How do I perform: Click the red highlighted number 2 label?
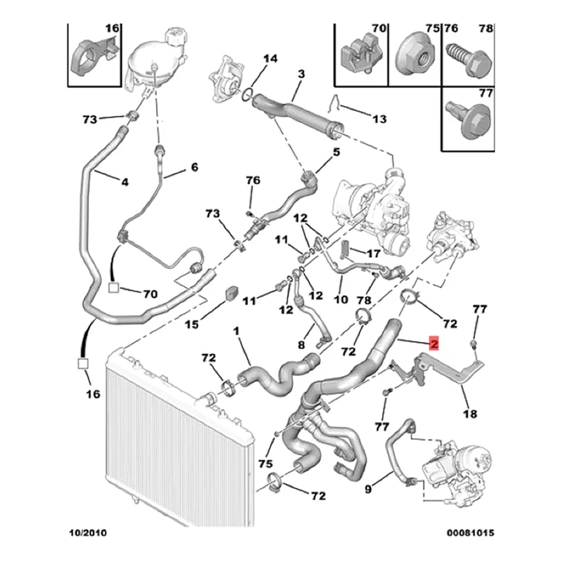[434, 344]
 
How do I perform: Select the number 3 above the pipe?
[300, 74]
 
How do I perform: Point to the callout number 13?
[379, 119]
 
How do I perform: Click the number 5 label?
[336, 152]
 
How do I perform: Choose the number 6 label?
[195, 167]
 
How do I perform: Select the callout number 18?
[469, 414]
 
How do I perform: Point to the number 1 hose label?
[237, 330]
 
